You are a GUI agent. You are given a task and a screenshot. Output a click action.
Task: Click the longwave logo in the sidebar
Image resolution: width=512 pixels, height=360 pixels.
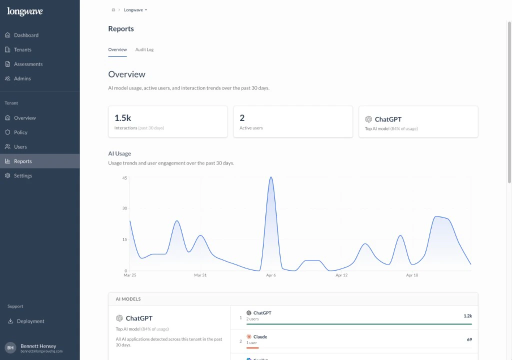(x=25, y=12)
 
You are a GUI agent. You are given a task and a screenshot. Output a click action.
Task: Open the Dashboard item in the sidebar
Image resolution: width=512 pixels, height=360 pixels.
(x=26, y=35)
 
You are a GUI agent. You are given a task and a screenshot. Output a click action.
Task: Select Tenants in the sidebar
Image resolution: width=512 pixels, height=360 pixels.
(x=22, y=50)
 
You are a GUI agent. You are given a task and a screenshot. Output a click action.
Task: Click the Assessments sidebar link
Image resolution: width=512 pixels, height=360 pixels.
(x=28, y=64)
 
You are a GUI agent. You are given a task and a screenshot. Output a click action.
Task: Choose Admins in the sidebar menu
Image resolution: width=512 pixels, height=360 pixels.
(x=22, y=79)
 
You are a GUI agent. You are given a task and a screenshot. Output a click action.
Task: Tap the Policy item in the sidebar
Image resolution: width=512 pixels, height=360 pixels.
(x=20, y=132)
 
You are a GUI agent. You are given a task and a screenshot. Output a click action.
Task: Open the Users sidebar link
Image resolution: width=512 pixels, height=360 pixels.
(x=20, y=147)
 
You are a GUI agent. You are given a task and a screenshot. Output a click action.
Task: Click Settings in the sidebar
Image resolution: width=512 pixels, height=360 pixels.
(x=23, y=176)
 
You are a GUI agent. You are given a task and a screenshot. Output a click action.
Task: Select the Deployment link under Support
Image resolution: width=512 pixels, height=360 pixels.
(x=30, y=321)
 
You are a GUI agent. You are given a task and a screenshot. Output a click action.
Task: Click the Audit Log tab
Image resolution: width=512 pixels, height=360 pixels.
(x=144, y=50)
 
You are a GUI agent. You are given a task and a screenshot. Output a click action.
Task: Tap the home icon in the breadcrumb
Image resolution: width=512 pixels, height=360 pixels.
(x=113, y=10)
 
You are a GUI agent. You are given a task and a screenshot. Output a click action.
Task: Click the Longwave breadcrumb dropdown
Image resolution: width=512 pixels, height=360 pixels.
(x=135, y=10)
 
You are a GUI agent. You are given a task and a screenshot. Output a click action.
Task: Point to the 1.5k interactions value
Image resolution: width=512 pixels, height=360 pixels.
(x=122, y=118)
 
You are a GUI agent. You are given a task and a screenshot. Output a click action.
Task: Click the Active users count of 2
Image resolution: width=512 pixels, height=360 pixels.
(x=242, y=118)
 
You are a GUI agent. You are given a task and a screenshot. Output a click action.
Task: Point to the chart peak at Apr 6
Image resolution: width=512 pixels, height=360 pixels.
(x=271, y=177)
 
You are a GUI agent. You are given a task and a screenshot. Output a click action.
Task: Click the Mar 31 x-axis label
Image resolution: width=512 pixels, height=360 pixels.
(x=200, y=275)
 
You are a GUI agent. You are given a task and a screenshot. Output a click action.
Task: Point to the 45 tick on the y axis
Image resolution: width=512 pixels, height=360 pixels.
(x=124, y=177)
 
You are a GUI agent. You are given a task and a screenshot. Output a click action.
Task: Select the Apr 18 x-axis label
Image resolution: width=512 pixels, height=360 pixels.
(x=412, y=275)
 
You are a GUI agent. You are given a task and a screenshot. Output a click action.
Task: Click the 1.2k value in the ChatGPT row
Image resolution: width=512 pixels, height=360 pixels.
(x=467, y=316)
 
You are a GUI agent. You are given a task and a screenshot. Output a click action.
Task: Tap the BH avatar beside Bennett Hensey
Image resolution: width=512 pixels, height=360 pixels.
(x=10, y=347)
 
